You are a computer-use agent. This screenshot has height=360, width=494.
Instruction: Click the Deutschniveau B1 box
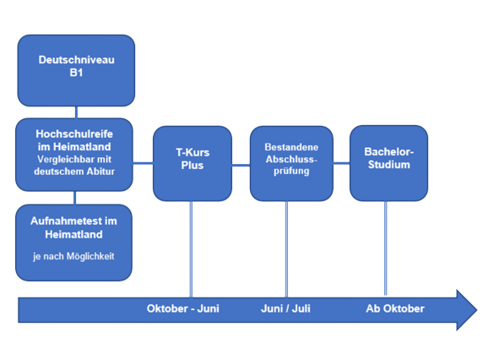pyautogui.click(x=76, y=70)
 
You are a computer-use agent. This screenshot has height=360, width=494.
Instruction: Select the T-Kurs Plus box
pyautogui.click(x=193, y=163)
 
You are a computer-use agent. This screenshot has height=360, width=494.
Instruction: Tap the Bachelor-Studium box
pyautogui.click(x=388, y=163)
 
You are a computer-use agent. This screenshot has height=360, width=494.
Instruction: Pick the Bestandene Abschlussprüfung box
pyautogui.click(x=291, y=163)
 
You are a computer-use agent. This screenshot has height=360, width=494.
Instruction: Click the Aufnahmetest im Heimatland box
pyautogui.click(x=74, y=243)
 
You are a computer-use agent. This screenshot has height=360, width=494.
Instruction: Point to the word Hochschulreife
pyautogui.click(x=74, y=134)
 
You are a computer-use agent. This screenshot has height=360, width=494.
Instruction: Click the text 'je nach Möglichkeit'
pyautogui.click(x=73, y=256)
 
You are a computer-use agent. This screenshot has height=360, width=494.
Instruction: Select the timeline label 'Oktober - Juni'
pyautogui.click(x=183, y=308)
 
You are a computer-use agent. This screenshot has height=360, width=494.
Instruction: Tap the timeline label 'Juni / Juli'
pyautogui.click(x=285, y=308)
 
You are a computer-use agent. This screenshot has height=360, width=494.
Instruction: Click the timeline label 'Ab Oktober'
pyautogui.click(x=395, y=308)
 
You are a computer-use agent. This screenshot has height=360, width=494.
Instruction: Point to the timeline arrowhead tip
pyautogui.click(x=477, y=310)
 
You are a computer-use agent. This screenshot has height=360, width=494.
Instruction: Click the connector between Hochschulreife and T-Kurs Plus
pyautogui.click(x=143, y=163)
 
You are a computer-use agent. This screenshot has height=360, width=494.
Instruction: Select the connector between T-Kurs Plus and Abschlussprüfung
pyautogui.click(x=241, y=165)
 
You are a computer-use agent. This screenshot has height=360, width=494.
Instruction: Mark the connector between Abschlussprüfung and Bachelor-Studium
pyautogui.click(x=341, y=163)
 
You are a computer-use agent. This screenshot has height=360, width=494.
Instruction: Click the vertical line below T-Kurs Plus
pyautogui.click(x=191, y=249)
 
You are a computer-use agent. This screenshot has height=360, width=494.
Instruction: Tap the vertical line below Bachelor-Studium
pyautogui.click(x=386, y=248)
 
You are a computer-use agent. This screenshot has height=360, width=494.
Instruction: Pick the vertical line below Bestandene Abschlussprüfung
pyautogui.click(x=286, y=249)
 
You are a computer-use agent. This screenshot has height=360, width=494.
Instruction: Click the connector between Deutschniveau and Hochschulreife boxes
pyautogui.click(x=77, y=112)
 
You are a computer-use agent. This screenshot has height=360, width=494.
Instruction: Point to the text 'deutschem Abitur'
pyautogui.click(x=74, y=172)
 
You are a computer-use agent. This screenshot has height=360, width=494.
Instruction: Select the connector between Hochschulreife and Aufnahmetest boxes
pyautogui.click(x=74, y=198)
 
